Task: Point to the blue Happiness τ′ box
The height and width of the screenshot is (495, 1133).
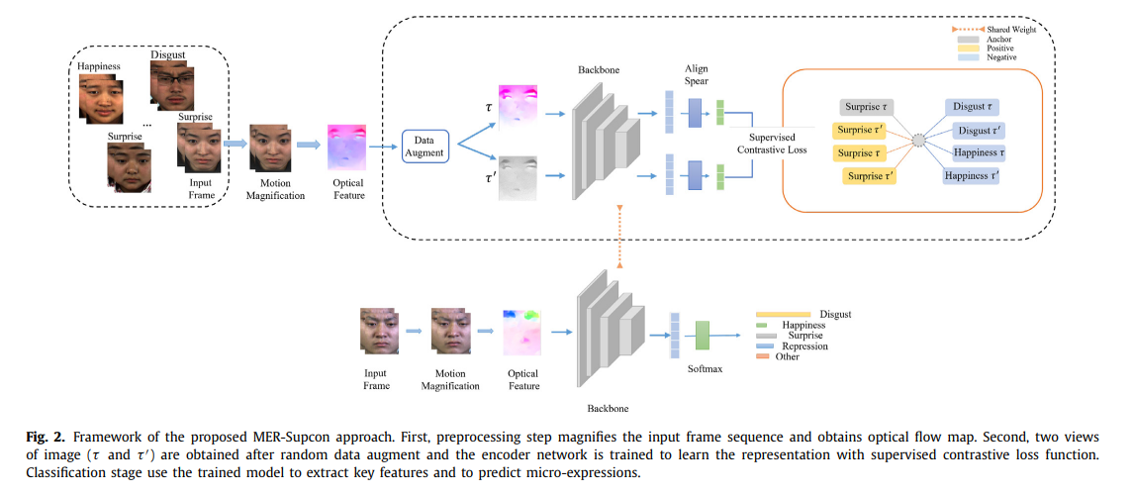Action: pos(971,176)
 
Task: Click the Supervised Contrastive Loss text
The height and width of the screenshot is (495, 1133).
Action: pos(772,143)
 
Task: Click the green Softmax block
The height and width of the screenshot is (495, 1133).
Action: pos(704,335)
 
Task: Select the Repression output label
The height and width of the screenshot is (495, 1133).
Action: pos(803,346)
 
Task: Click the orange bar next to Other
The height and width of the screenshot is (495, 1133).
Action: pos(763,357)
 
